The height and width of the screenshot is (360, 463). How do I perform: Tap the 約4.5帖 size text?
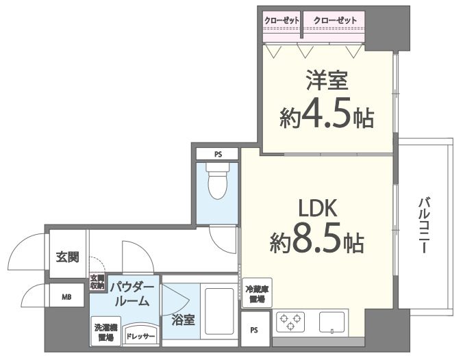[327, 117]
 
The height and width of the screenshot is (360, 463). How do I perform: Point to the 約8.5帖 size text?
[316, 241]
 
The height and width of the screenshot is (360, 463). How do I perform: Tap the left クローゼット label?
[282, 21]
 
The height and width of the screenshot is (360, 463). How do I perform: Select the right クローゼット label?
[335, 21]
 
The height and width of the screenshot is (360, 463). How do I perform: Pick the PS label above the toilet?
[217, 153]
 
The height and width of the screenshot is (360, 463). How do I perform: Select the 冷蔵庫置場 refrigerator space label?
[256, 294]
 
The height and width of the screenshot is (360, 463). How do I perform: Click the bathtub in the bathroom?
[218, 312]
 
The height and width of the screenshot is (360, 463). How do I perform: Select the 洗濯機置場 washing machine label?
[105, 332]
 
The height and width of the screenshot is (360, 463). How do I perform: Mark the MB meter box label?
[67, 296]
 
